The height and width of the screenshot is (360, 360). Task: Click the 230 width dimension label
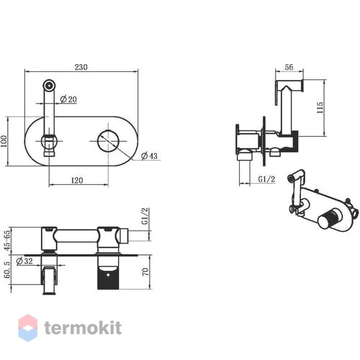[81, 67]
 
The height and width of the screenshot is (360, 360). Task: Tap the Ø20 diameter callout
[68, 99]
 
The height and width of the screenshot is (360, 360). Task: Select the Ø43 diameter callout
[149, 156]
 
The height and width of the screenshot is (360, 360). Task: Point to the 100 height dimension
[4, 141]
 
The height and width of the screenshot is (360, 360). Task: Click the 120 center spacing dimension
[77, 180]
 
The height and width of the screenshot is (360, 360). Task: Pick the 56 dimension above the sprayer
[289, 67]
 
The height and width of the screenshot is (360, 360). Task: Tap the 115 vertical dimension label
[320, 108]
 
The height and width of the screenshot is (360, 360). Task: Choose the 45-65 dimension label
[7, 240]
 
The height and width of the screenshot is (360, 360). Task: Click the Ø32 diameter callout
[24, 261]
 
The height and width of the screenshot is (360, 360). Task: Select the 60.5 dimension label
[7, 270]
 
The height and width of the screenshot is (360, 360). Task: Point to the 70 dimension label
[145, 271]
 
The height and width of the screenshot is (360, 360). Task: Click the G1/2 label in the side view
[266, 179]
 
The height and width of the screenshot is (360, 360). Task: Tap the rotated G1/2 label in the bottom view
[145, 216]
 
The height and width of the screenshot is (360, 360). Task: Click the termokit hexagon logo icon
[28, 328]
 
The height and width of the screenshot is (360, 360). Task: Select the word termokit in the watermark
[83, 328]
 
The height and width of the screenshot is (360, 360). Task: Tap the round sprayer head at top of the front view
[49, 85]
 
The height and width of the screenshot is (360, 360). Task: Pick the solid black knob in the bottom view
[108, 279]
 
